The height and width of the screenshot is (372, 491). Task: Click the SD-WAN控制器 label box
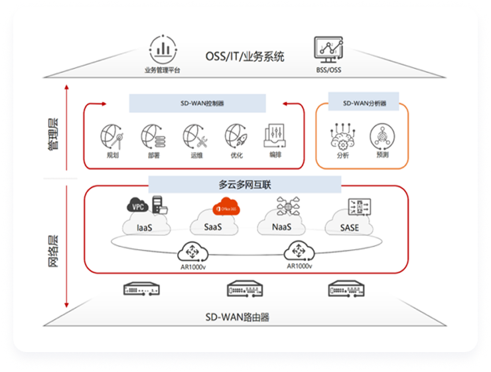click(197, 104)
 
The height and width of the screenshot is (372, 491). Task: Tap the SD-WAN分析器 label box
click(364, 103)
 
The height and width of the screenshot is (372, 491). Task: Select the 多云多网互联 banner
click(244, 184)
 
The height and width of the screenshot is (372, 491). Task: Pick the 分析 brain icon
click(342, 137)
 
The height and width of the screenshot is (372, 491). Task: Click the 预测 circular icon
click(382, 137)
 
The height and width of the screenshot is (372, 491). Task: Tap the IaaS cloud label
click(145, 228)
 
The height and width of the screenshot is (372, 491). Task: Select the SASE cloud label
click(349, 228)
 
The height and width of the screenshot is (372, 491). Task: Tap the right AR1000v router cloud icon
click(299, 252)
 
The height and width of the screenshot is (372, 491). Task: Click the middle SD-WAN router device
click(245, 289)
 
